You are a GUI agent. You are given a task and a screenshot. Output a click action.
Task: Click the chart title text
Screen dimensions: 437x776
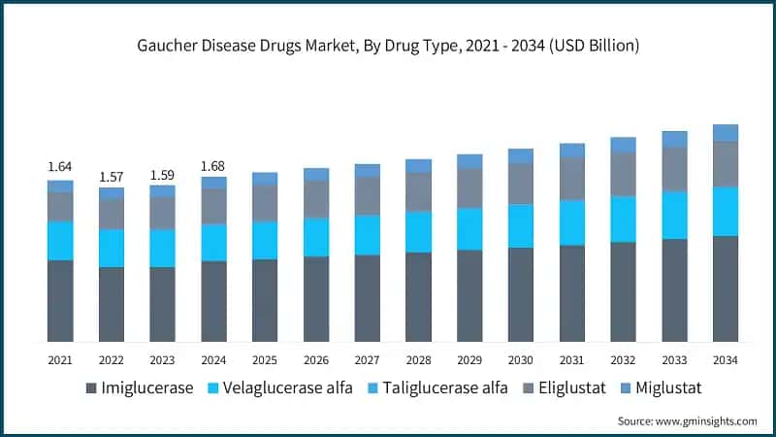387,46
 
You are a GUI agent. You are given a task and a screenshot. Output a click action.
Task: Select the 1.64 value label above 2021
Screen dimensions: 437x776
60,167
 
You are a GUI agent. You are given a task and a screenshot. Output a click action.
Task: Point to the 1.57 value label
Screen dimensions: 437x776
112,177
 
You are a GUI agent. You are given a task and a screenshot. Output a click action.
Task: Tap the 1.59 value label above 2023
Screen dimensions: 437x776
162,176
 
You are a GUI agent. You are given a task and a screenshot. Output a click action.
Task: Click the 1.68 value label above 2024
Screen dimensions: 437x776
213,166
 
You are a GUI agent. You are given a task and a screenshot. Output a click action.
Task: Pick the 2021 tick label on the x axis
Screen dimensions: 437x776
60,359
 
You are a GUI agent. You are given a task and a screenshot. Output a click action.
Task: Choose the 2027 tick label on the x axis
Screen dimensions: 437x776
367,359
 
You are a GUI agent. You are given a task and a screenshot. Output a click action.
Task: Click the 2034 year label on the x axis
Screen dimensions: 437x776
725,359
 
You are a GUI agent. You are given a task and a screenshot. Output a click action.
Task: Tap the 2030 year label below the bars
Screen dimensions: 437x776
520,359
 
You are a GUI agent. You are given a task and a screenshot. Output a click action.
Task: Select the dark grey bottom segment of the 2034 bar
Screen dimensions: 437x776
725,288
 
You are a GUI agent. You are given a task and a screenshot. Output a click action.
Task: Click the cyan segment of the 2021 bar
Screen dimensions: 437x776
60,241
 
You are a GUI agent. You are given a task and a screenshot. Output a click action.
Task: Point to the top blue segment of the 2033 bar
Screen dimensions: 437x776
674,139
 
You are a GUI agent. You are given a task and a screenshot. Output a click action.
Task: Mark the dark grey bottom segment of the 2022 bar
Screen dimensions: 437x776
112,304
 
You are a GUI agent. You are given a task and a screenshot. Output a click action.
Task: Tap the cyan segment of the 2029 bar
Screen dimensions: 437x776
469,229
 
